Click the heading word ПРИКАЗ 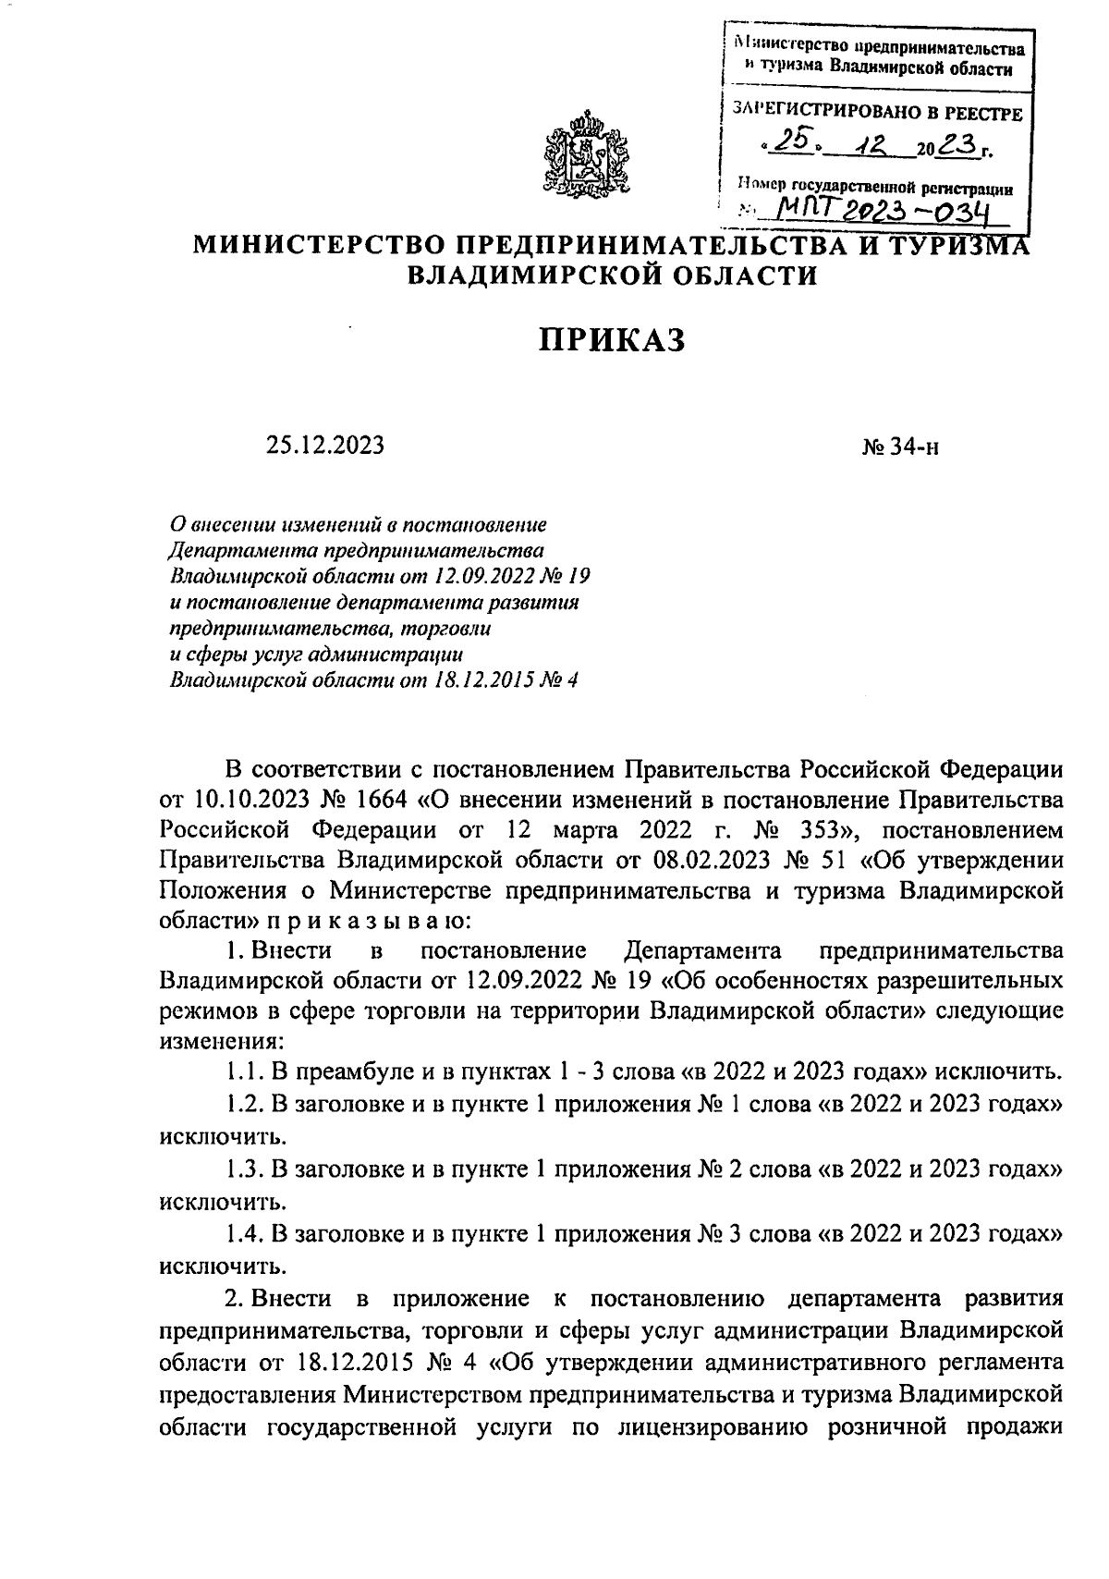coord(613,339)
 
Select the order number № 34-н coord(900,447)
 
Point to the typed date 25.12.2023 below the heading coord(324,446)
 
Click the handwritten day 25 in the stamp coord(789,141)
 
